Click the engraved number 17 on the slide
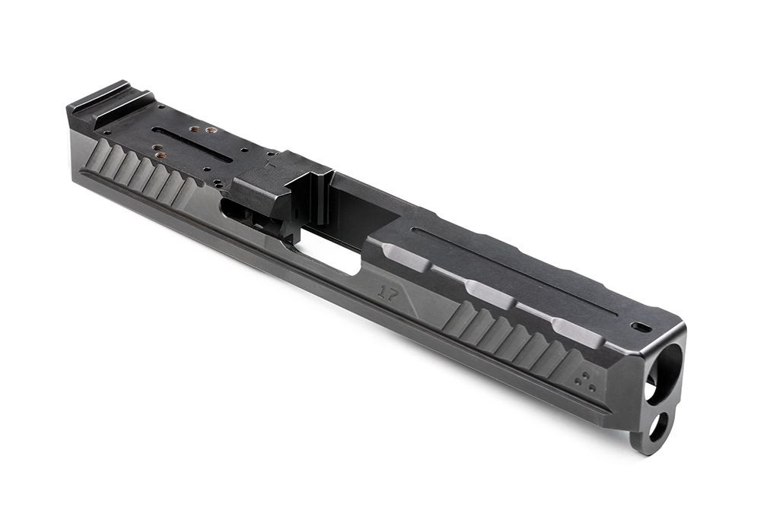click(388, 293)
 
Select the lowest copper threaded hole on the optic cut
click(161, 156)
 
